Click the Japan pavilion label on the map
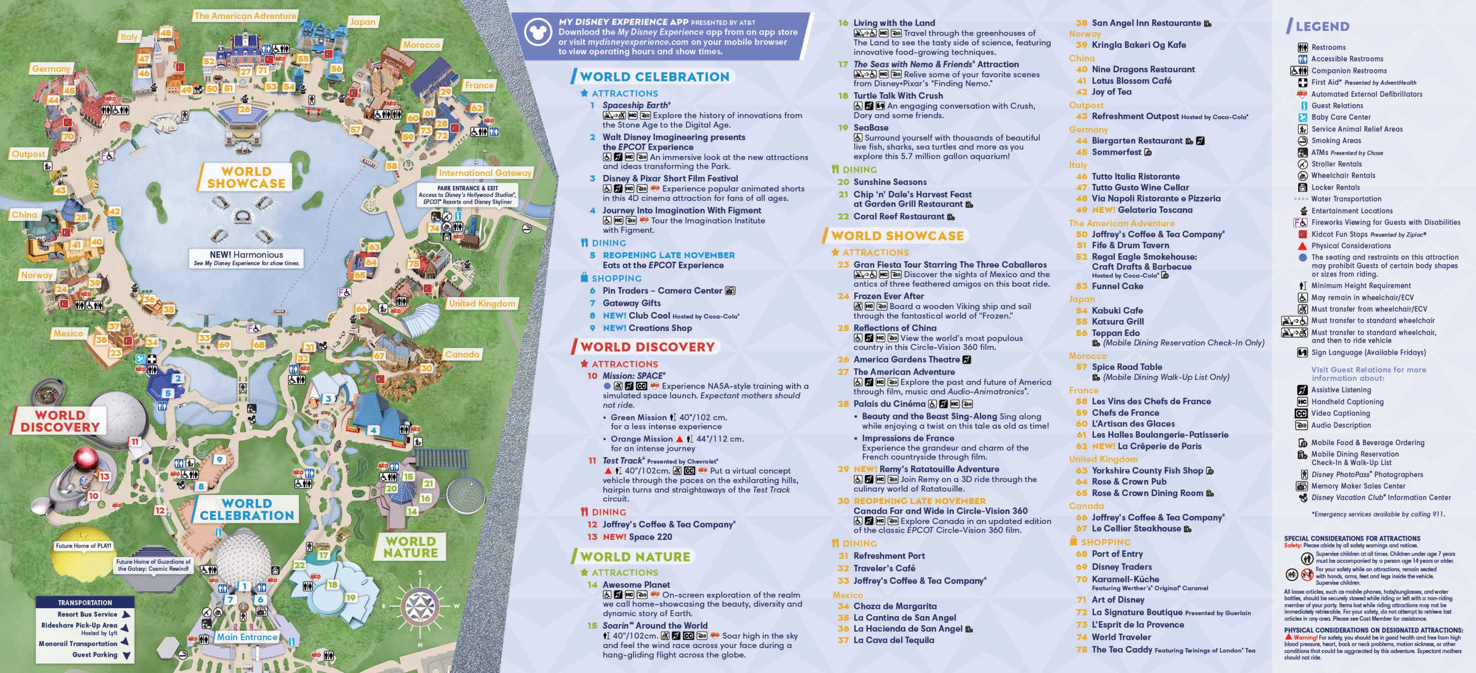[x=362, y=22]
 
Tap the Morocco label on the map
[x=421, y=45]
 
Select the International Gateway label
[x=485, y=173]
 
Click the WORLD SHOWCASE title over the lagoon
[x=246, y=177]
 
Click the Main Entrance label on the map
[x=246, y=637]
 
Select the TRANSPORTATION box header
[x=85, y=602]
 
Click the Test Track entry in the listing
[x=623, y=460]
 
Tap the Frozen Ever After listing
[x=888, y=296]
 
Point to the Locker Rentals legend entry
[x=1335, y=188]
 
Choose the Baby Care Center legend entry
[x=1341, y=117]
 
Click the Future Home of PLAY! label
[x=84, y=546]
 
